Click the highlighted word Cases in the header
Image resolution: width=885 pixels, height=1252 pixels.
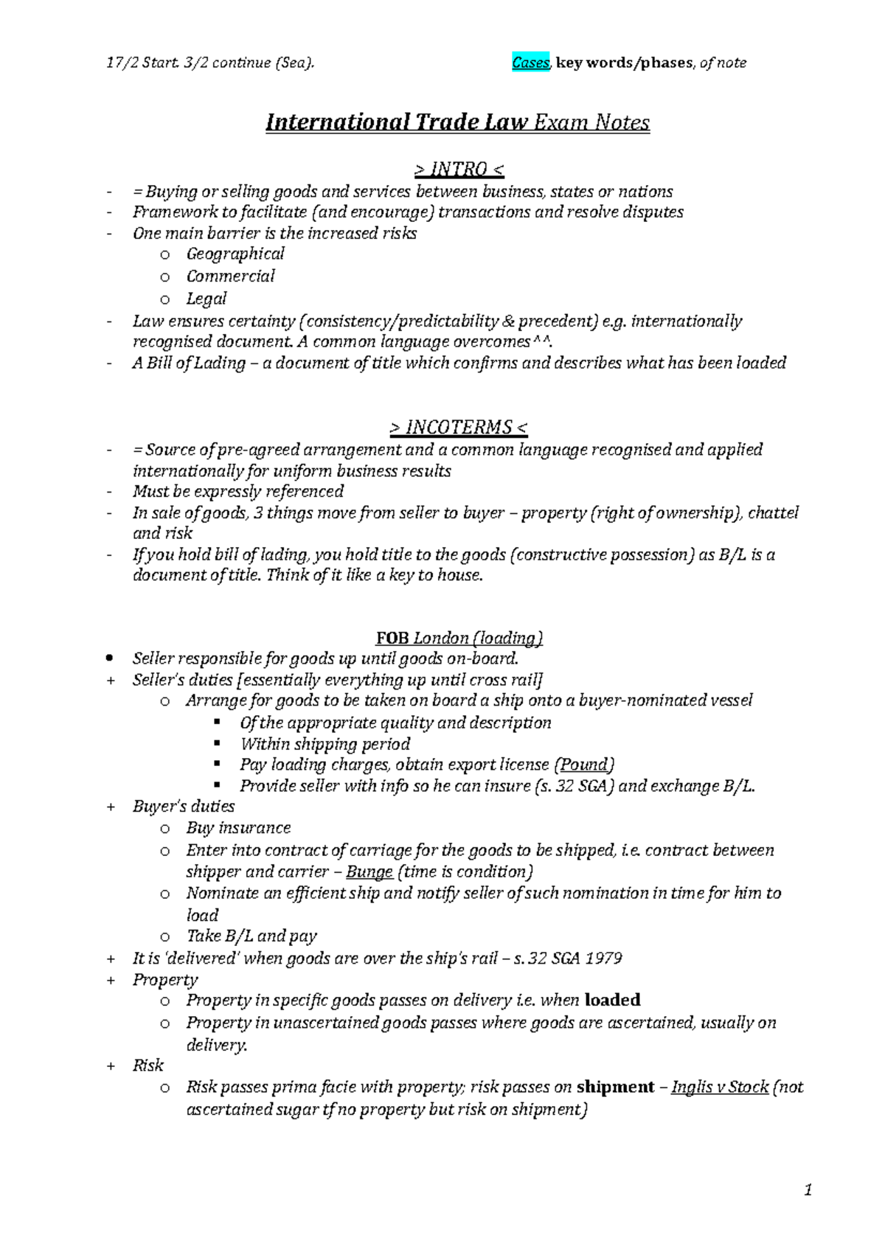[530, 63]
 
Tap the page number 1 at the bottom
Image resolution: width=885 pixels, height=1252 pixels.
[808, 1189]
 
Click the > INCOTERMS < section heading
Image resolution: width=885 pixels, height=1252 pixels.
[458, 428]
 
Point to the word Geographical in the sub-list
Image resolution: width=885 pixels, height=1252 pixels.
[235, 254]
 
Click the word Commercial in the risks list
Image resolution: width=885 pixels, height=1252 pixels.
[230, 277]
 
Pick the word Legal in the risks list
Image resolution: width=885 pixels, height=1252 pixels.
[206, 299]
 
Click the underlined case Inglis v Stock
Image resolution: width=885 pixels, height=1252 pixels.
[720, 1088]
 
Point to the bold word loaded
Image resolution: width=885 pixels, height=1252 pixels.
[612, 1001]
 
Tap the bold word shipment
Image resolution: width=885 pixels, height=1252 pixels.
[615, 1088]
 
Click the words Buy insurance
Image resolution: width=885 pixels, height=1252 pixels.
[238, 828]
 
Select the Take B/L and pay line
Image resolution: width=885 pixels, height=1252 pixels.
[251, 936]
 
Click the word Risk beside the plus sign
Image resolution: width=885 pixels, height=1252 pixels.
[147, 1065]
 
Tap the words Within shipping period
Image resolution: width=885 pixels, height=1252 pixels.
[324, 744]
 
